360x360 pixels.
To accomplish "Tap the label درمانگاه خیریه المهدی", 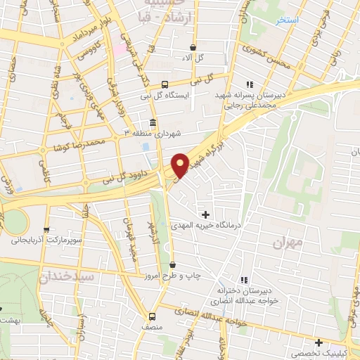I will point(205,226).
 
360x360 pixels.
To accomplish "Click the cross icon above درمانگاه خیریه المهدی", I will point(205,214).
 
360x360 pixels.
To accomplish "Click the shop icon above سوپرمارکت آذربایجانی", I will point(46,229).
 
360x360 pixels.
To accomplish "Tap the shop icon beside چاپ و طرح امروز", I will point(173,265).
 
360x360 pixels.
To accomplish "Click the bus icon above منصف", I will point(152,316).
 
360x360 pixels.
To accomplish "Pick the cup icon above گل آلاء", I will point(193,46).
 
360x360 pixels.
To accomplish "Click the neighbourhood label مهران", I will point(290,242).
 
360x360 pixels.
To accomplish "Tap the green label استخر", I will point(288,20).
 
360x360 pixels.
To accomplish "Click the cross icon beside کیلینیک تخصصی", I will point(319,342).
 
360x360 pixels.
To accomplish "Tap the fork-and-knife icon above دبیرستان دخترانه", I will point(244,279).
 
